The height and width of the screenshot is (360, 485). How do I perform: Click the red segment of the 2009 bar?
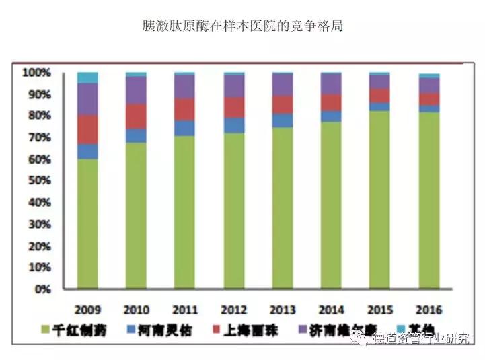[x=87, y=129]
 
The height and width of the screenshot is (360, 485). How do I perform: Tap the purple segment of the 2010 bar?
[x=137, y=89]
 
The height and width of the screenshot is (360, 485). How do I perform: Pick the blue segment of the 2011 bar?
[x=185, y=128]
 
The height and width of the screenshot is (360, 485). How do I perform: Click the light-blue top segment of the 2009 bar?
[x=87, y=77]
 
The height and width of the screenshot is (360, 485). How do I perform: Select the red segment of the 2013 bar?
[x=283, y=104]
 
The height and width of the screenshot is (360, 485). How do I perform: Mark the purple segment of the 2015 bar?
[x=380, y=81]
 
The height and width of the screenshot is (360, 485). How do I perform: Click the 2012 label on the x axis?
[x=234, y=310]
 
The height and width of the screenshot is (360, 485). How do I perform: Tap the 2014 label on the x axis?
[x=332, y=310]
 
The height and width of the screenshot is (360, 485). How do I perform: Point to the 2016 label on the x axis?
[x=429, y=310]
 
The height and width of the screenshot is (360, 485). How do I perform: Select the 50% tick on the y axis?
[x=38, y=181]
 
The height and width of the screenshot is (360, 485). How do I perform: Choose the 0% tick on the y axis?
[x=41, y=289]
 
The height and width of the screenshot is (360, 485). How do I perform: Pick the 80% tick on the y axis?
[x=38, y=116]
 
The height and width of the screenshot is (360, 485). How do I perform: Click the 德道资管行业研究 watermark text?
[x=420, y=338]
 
